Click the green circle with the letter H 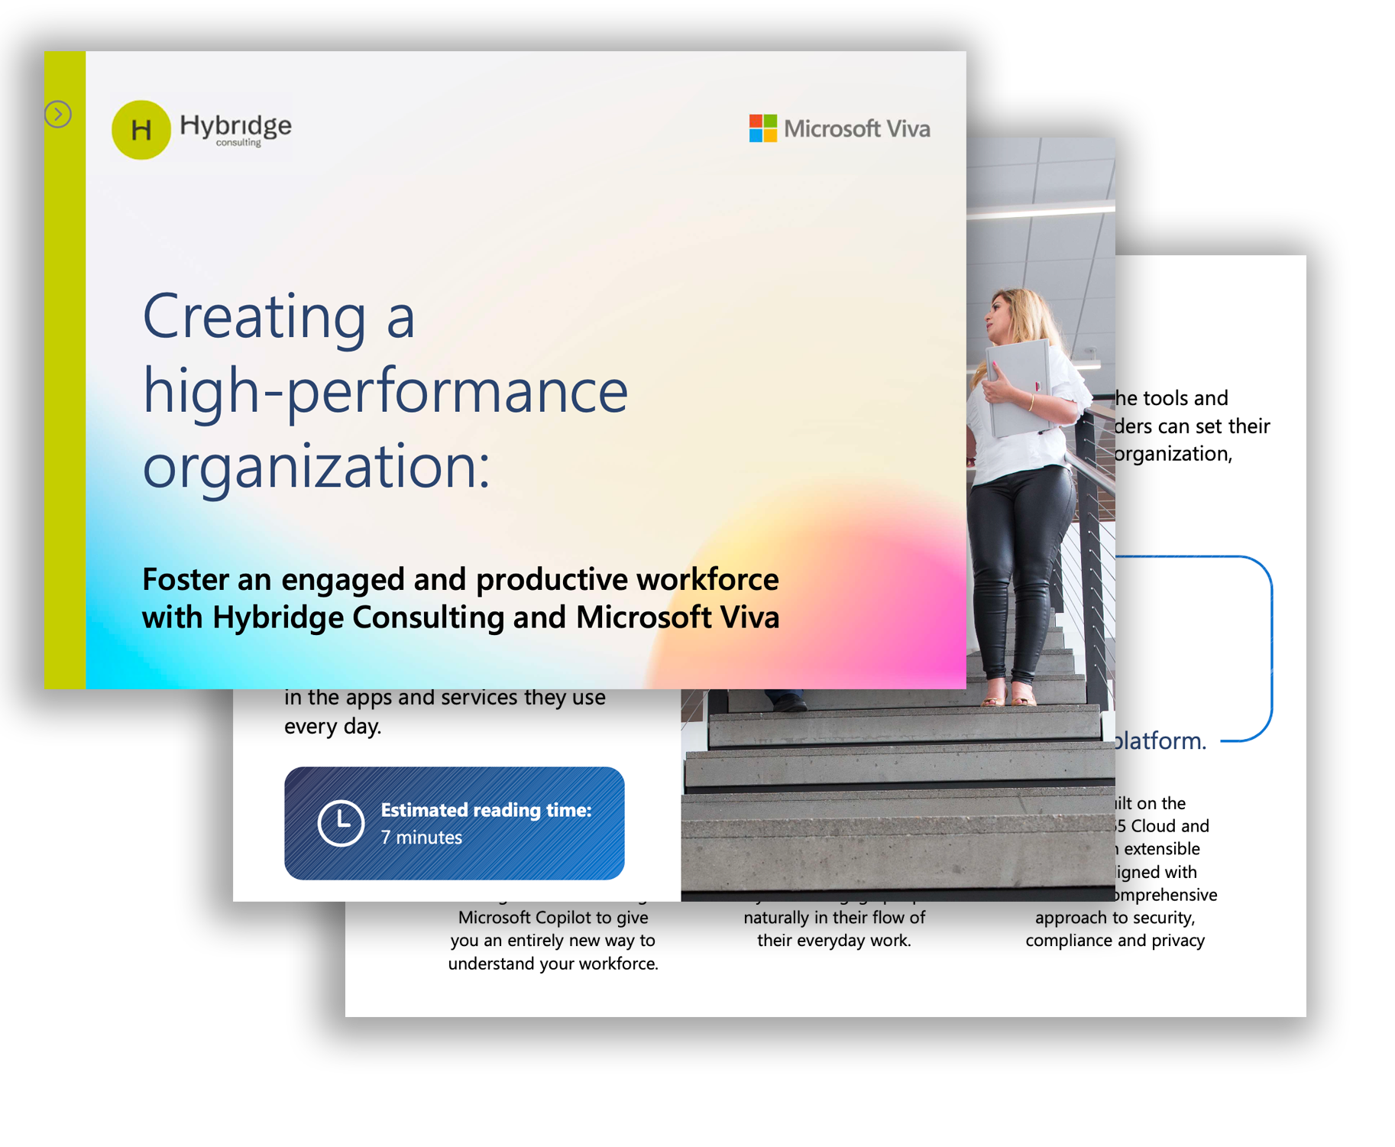[x=141, y=130]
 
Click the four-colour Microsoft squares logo [x=762, y=128]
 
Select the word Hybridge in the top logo [x=235, y=125]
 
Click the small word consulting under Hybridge [x=238, y=143]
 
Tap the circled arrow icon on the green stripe [x=58, y=115]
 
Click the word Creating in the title [x=254, y=316]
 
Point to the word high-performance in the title [x=385, y=391]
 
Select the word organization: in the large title [x=316, y=466]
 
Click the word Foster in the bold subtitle [x=186, y=580]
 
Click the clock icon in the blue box [x=340, y=823]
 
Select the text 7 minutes [x=421, y=838]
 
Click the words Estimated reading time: [x=486, y=810]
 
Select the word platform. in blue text [x=1160, y=740]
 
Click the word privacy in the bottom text [x=1178, y=941]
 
